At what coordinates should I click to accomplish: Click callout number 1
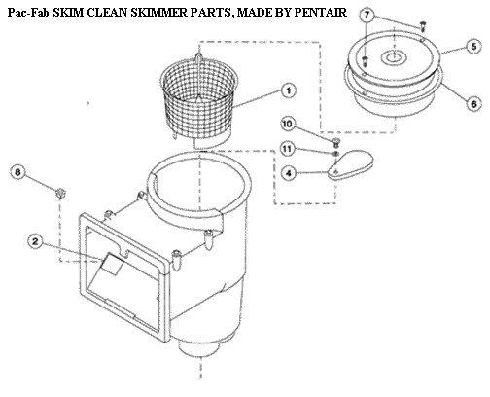point(289,90)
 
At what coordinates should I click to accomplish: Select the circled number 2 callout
point(35,241)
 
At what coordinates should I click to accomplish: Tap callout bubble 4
point(288,173)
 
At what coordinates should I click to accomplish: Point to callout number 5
point(473,47)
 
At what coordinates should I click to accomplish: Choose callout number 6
point(473,104)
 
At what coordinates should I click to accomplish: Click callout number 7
point(367,15)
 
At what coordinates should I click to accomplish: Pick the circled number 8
point(17,172)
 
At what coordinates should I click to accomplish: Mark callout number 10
point(288,124)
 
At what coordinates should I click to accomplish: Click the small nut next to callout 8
point(60,193)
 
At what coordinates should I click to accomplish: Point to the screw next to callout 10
point(336,141)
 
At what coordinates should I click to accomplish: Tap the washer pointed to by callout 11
point(335,153)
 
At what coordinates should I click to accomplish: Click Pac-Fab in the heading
point(28,13)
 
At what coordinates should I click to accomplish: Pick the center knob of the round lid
point(392,58)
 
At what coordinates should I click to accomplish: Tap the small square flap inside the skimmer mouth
point(111,264)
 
